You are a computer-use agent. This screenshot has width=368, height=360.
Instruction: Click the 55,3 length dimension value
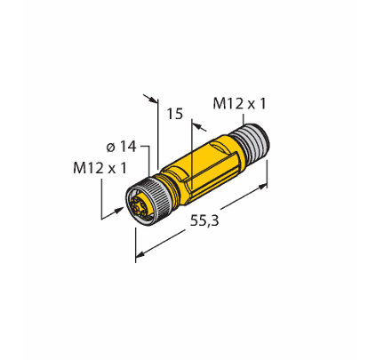click(204, 220)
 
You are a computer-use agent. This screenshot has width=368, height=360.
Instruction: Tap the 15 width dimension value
click(175, 114)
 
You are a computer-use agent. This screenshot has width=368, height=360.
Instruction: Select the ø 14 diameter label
click(121, 147)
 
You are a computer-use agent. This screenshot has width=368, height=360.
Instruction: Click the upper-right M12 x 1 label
click(239, 104)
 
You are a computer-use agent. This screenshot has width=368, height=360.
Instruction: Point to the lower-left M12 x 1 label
click(100, 168)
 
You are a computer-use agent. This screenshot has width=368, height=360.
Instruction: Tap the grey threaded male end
click(251, 141)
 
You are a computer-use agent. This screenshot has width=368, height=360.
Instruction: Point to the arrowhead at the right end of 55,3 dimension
click(262, 186)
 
